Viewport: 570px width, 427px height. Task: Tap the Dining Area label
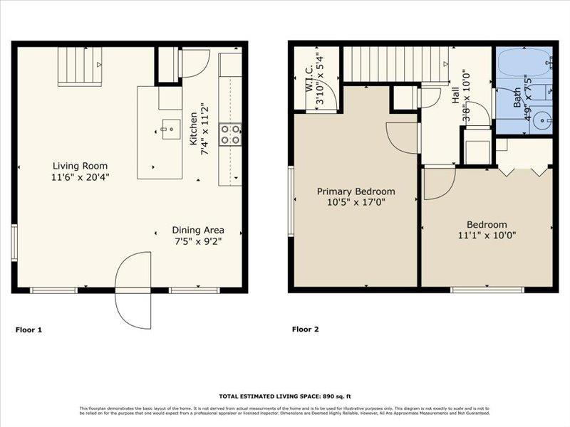[198, 230]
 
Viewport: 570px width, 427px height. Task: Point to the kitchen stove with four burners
[229, 134]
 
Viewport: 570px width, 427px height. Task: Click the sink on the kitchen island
[169, 129]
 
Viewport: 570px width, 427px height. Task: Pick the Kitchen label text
[193, 125]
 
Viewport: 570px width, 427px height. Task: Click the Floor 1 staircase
[79, 65]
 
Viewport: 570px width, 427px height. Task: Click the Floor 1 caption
[29, 330]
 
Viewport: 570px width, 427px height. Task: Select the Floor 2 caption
[306, 330]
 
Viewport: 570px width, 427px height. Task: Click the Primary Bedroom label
[356, 191]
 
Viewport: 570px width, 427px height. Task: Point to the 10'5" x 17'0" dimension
[356, 202]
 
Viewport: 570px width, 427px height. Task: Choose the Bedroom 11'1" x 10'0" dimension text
[487, 235]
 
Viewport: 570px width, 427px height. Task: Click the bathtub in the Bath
[522, 64]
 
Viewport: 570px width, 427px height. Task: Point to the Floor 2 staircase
[395, 65]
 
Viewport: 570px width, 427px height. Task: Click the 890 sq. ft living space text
[284, 396]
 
